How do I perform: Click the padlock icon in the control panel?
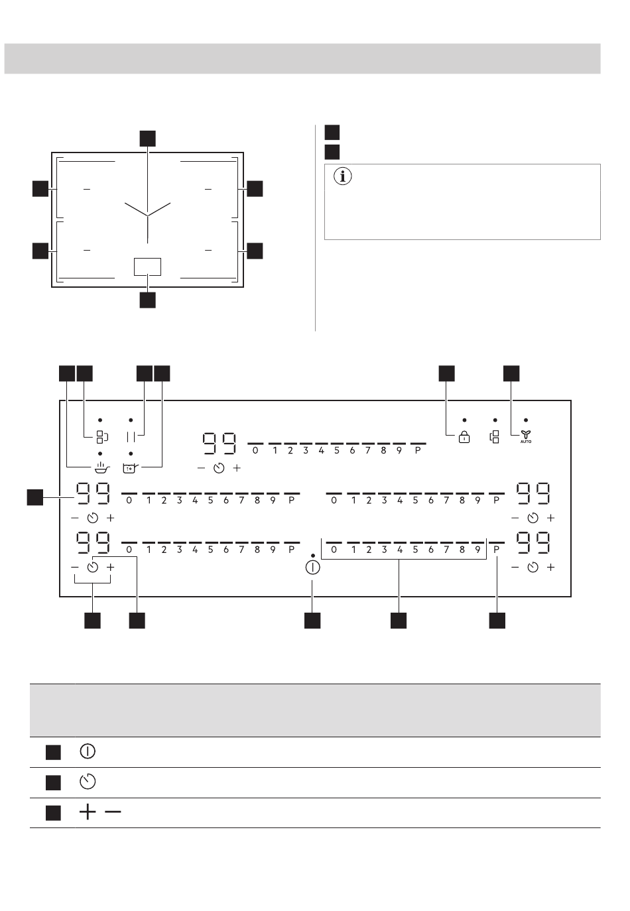click(464, 437)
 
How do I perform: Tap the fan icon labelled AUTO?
click(525, 436)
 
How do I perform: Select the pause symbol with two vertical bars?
click(131, 437)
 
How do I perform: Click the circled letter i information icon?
click(342, 176)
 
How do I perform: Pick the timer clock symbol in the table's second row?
click(88, 781)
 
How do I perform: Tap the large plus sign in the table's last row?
click(88, 812)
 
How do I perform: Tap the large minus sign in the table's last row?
click(113, 812)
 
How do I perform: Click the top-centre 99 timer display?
click(220, 444)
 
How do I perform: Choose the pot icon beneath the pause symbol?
click(130, 468)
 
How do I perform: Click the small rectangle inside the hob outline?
click(147, 267)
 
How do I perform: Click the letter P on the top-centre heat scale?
click(418, 451)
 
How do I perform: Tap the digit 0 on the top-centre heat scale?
click(255, 451)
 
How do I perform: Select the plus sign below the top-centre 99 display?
click(237, 468)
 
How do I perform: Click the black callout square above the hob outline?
click(147, 139)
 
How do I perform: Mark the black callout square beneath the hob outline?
click(147, 300)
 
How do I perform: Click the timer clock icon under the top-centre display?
click(219, 468)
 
